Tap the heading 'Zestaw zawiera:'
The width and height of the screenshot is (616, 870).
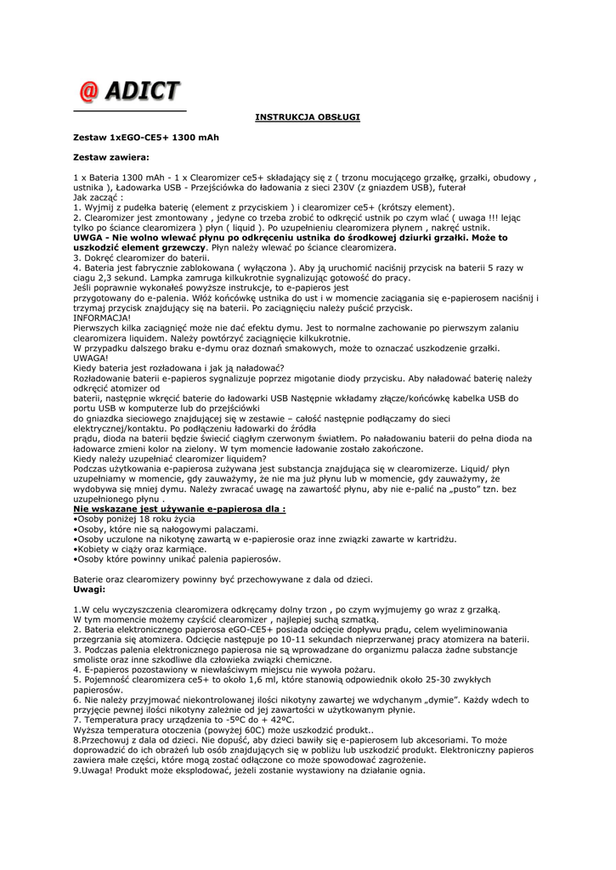[110, 157]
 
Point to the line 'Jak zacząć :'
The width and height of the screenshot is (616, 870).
[98, 196]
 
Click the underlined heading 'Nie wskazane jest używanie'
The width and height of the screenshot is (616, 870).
[179, 509]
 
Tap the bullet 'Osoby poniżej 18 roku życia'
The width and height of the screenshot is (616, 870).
[136, 518]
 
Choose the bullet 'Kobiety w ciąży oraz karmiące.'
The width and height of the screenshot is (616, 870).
[141, 549]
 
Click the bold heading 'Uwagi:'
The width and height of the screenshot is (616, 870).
[89, 589]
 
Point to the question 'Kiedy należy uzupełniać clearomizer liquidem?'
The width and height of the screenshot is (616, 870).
[182, 458]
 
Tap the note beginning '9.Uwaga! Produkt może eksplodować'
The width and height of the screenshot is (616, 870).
[249, 771]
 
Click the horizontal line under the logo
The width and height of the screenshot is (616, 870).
[129, 110]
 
